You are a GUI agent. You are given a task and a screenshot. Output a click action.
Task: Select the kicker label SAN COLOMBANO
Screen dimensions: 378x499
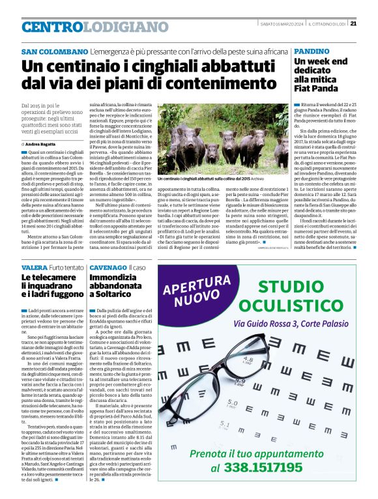click(54, 51)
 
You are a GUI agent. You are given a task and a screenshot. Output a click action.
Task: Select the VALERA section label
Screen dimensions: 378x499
click(34, 268)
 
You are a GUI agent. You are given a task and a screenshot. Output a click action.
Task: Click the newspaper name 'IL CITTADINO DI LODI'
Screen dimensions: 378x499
click(324, 25)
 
